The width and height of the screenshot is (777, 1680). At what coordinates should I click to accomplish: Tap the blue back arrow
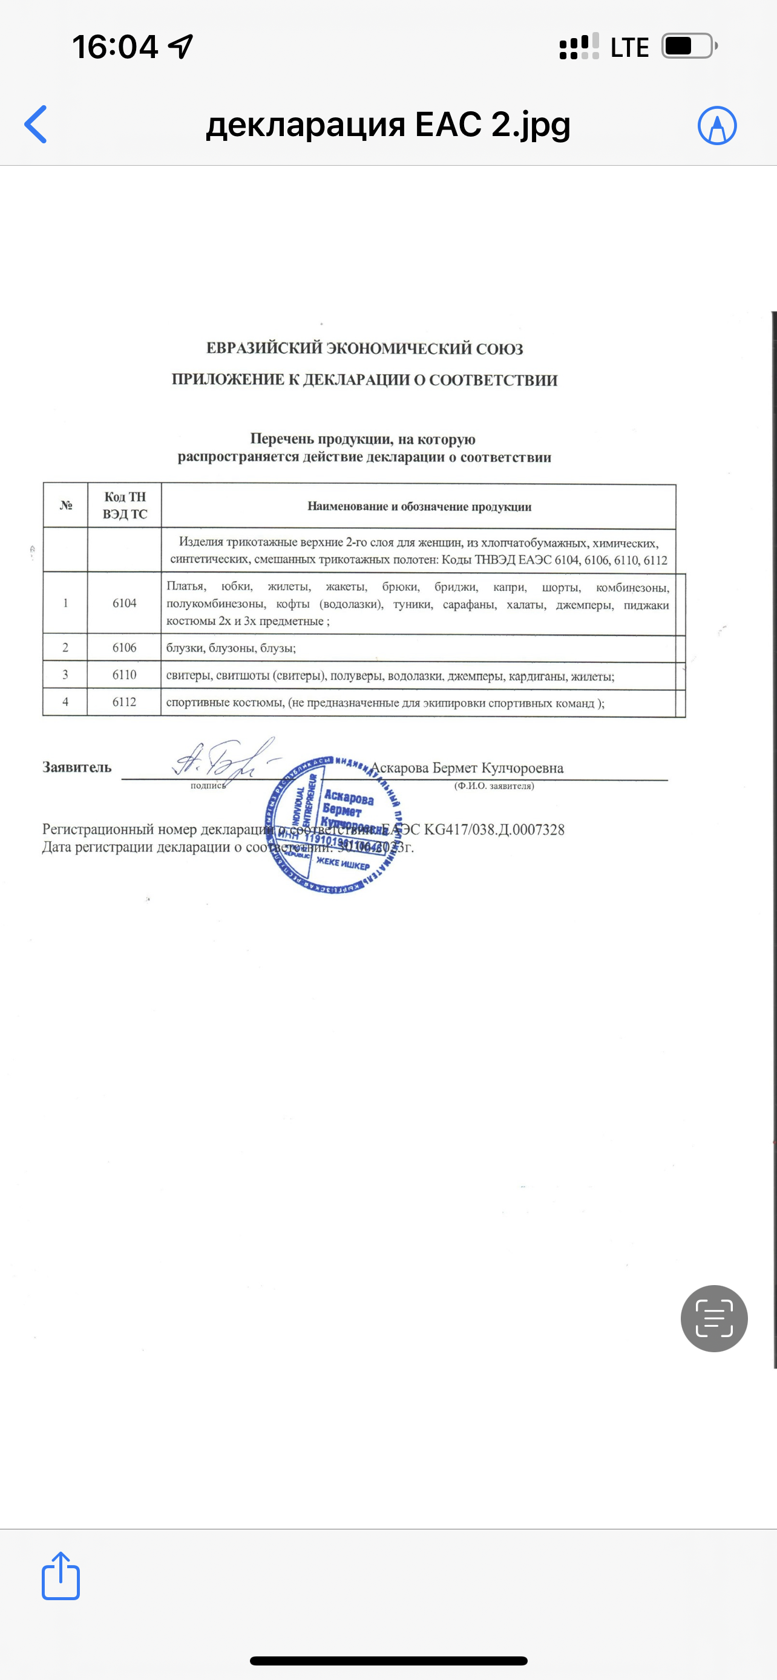coord(36,124)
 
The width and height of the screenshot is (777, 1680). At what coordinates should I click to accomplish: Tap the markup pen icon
coord(717,125)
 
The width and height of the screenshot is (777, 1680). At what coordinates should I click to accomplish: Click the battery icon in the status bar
coord(688,47)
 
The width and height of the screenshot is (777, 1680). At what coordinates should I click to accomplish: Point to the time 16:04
coord(115,47)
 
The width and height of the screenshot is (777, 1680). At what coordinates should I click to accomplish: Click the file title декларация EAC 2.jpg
coord(388,124)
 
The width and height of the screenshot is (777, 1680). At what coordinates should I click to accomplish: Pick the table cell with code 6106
coord(124,648)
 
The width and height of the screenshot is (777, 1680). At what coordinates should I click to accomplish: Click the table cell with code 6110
coord(124,675)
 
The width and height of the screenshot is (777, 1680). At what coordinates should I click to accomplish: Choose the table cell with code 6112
coord(124,702)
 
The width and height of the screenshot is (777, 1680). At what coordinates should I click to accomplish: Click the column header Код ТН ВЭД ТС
coord(125,506)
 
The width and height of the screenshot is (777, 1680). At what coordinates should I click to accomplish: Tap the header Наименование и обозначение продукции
coord(419,507)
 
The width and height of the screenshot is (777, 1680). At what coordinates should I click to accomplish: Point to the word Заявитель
coord(77,767)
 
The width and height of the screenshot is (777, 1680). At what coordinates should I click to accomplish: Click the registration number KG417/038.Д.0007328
coord(494,830)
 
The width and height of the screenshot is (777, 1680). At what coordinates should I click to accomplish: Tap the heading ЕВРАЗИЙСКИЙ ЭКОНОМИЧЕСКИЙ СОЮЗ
coord(365,348)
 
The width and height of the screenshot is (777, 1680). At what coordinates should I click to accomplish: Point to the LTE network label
coord(629,48)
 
